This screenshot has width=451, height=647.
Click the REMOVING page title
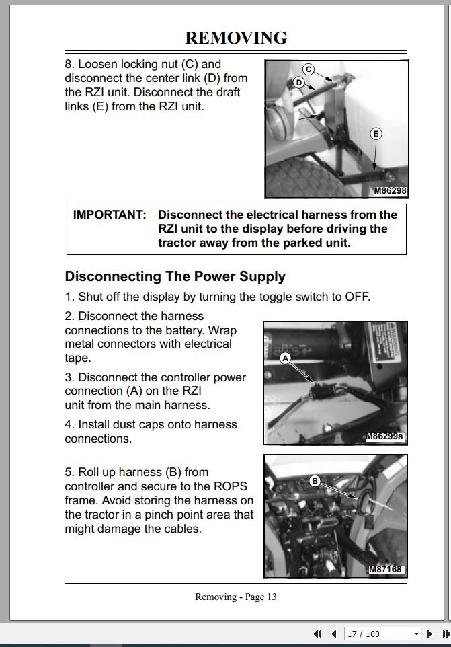[236, 38]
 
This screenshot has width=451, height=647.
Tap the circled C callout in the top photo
[308, 69]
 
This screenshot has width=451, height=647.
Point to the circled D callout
[298, 83]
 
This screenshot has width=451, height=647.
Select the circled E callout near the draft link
[376, 134]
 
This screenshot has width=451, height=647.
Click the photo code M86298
[390, 191]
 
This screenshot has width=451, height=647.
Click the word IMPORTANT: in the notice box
[110, 215]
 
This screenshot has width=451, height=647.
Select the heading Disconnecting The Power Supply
[175, 276]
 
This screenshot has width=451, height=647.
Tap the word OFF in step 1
[356, 297]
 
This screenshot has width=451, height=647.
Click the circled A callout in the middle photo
[285, 358]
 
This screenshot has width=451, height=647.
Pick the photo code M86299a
[384, 436]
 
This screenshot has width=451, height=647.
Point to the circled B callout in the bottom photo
[315, 480]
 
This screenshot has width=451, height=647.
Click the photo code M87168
[386, 570]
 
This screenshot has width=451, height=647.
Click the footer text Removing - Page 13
[236, 597]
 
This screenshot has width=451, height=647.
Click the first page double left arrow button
[318, 634]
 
